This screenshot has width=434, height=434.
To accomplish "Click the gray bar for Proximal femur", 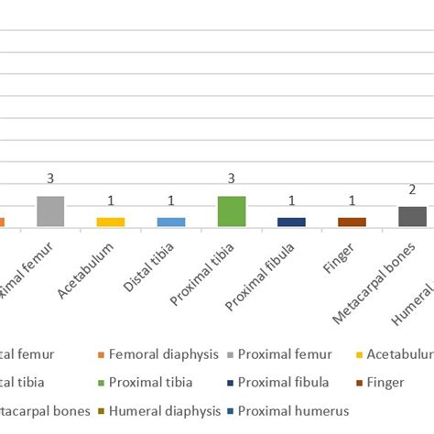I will (x=50, y=212).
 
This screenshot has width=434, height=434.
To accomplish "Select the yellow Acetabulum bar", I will (x=111, y=222).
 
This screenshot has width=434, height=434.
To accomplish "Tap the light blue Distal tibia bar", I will (x=171, y=222).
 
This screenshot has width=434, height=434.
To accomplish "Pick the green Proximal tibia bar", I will (x=232, y=212).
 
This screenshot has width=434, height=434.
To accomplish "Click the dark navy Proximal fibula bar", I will (x=291, y=222).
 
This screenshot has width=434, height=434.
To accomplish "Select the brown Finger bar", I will (x=352, y=222).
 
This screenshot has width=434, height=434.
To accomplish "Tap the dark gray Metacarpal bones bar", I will (x=412, y=216).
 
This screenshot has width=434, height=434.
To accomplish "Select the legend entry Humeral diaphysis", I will (x=164, y=411).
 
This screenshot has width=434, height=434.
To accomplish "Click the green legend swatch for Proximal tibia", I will (x=98, y=383).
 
